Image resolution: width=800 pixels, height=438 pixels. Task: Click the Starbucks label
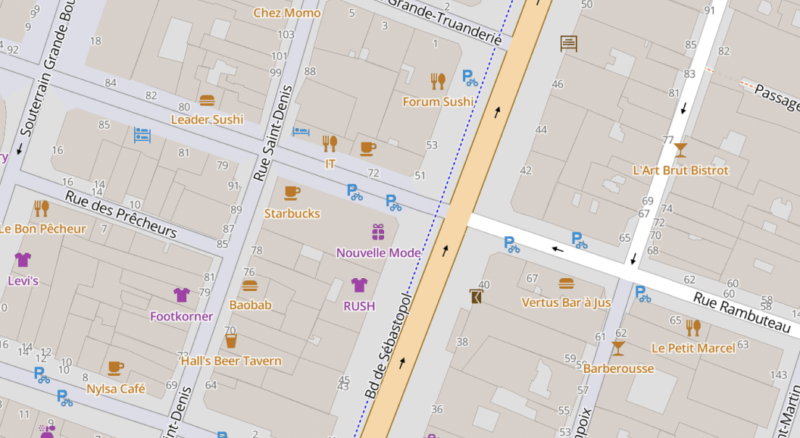[292, 214]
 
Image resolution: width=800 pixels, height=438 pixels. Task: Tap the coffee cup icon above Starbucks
[292, 192]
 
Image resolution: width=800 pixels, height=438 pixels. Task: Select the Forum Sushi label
[438, 102]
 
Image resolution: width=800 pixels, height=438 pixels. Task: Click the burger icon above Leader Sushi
[207, 100]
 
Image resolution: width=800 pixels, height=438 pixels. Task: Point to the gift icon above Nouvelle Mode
[378, 232]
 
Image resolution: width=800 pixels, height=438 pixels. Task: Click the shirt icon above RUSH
[359, 285]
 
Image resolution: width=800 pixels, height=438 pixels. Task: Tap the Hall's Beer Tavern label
[231, 361]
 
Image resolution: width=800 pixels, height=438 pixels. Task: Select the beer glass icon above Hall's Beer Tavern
[231, 341]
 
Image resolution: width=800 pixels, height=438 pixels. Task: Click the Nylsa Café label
[116, 389]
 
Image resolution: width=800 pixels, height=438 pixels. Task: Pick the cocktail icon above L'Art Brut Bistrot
[680, 149]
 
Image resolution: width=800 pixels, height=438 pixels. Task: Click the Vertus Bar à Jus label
[566, 302]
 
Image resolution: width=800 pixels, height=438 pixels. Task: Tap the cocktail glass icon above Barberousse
[618, 348]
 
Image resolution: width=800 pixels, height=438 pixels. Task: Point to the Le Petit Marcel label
[693, 349]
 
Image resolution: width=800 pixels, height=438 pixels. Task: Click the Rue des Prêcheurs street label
[120, 214]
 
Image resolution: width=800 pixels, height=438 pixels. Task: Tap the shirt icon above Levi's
[23, 260]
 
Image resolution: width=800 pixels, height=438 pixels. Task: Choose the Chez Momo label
[287, 13]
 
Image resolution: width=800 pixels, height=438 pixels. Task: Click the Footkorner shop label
[182, 316]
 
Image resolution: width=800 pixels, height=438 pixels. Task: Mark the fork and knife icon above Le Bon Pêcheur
[41, 208]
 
